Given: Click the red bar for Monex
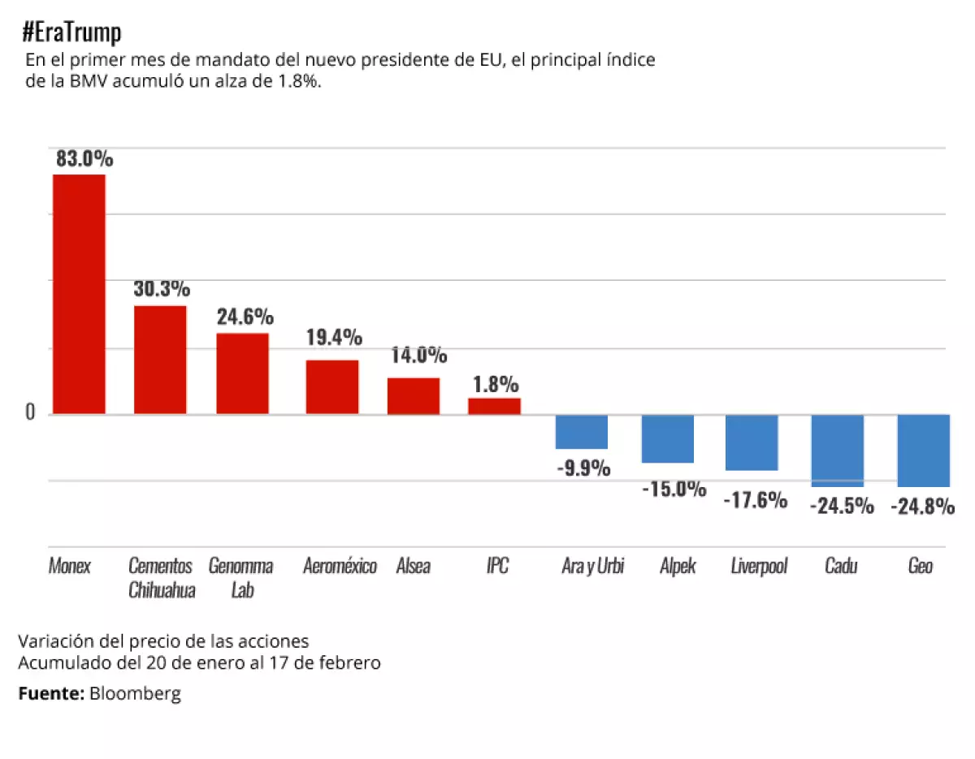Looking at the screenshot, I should (x=79, y=294).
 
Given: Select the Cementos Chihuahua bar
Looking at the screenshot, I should (x=160, y=360).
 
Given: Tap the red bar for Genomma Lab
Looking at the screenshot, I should (x=242, y=373).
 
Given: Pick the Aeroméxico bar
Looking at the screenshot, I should (x=331, y=386).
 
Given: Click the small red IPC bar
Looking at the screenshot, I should (x=494, y=406).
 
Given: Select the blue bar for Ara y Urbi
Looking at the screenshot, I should (x=581, y=432).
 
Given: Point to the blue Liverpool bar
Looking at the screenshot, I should (x=752, y=442).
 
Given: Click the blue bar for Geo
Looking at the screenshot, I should (x=923, y=451).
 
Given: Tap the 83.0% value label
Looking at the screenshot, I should (x=84, y=158).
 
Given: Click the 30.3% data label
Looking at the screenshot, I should (x=162, y=289).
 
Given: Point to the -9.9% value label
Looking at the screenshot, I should (x=583, y=468).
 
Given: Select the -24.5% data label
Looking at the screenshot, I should (x=842, y=506).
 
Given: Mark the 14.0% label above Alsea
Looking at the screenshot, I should (x=418, y=355).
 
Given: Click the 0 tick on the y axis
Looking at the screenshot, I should (x=31, y=412).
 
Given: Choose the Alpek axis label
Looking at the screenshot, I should (x=678, y=566).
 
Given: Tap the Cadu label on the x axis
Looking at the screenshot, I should (x=841, y=566).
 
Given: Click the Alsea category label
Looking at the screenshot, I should (x=413, y=566).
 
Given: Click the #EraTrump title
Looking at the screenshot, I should (x=72, y=33).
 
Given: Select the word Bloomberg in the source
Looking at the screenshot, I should (x=135, y=693).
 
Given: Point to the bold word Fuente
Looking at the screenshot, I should (x=51, y=693).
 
